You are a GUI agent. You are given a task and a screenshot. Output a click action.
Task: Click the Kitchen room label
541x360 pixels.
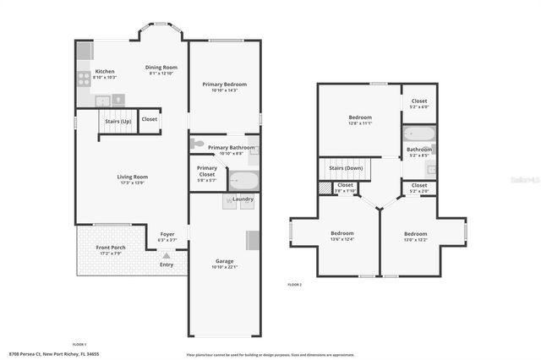(x=105, y=71)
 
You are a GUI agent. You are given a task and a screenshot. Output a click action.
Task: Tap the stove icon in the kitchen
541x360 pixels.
(x=85, y=79)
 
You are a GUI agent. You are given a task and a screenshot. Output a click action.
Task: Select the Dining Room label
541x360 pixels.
(x=161, y=68)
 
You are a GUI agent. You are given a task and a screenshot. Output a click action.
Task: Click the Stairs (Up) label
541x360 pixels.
(x=117, y=121)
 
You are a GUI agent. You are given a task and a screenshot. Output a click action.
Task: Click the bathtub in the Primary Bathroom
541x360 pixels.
(x=244, y=180)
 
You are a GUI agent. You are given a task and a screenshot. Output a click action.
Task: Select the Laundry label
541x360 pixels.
(x=243, y=199)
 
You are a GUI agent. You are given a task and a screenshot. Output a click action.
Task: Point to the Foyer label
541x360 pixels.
(x=167, y=234)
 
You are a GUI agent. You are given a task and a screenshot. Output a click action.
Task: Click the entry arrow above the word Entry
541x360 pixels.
(x=167, y=254)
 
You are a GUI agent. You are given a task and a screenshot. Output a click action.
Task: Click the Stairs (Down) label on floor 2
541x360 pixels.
(x=342, y=167)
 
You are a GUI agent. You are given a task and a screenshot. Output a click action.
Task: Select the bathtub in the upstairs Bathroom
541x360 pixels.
(x=418, y=134)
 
